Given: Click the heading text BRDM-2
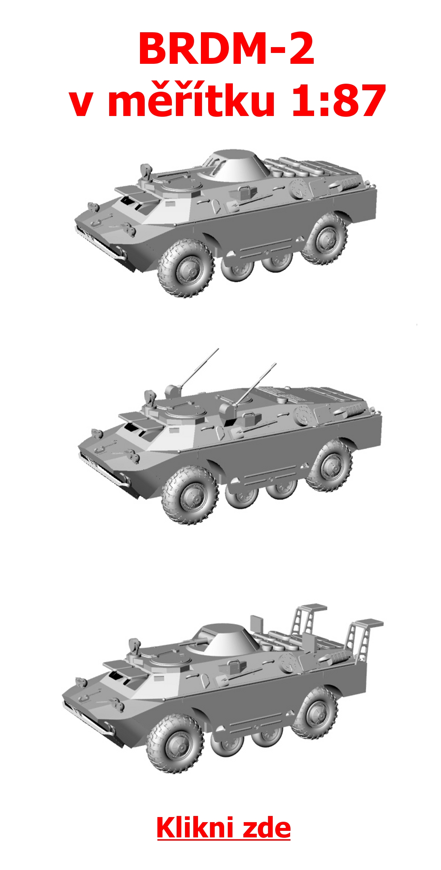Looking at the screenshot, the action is click(226, 49).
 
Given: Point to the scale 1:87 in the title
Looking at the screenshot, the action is click(338, 100).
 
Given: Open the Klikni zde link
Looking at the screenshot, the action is click(223, 828).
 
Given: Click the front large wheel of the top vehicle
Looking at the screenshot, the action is click(185, 269).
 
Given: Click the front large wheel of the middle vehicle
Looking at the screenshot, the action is click(190, 495).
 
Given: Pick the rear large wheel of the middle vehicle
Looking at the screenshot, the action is click(329, 465).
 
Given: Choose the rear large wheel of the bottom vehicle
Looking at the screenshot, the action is click(314, 713).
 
